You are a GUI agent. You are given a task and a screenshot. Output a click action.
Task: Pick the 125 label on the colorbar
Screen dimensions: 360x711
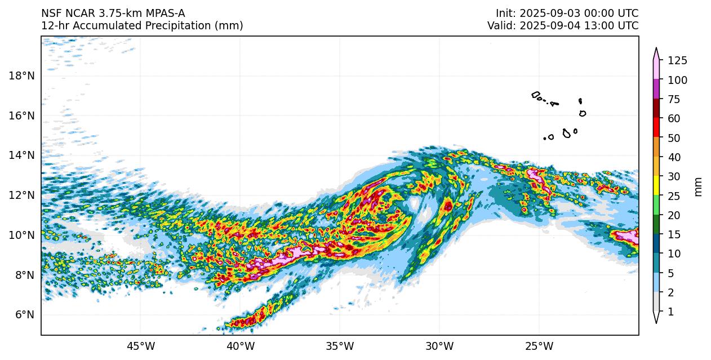677,61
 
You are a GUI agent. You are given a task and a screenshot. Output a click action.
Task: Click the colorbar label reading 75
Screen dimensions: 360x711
674,100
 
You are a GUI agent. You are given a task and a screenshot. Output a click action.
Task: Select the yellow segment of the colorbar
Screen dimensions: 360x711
656,185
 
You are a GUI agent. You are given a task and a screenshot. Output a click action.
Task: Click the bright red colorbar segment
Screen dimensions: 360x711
656,127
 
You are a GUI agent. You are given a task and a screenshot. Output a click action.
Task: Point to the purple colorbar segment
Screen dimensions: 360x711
656,89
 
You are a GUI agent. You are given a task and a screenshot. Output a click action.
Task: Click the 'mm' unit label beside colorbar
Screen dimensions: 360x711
699,186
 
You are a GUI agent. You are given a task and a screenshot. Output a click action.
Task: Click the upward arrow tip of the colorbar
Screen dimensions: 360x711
656,49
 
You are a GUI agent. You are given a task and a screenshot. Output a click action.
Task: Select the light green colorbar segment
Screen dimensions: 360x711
656,205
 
